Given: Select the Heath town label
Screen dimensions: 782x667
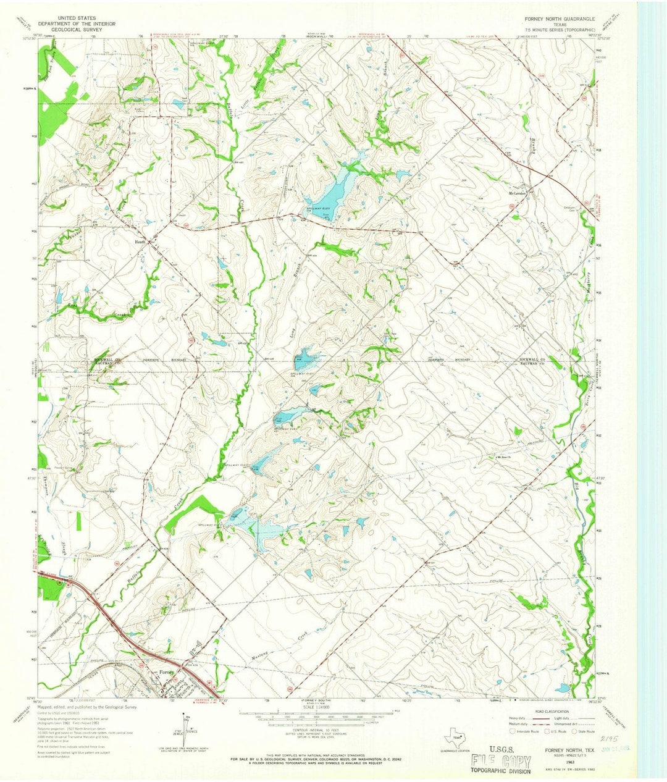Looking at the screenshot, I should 141,242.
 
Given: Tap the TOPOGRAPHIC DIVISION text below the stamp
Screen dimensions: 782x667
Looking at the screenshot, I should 500,771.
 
